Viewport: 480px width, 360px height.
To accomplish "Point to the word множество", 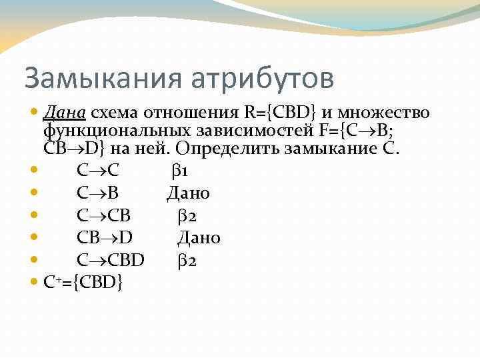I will point(387,113).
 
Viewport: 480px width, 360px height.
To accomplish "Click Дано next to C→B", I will point(188,193).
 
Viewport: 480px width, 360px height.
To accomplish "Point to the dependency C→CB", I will point(103,216).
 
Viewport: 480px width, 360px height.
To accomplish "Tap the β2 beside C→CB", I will point(187,216).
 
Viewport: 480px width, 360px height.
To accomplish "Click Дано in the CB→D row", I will point(199,238).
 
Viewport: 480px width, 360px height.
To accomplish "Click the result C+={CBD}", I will point(83,283).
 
